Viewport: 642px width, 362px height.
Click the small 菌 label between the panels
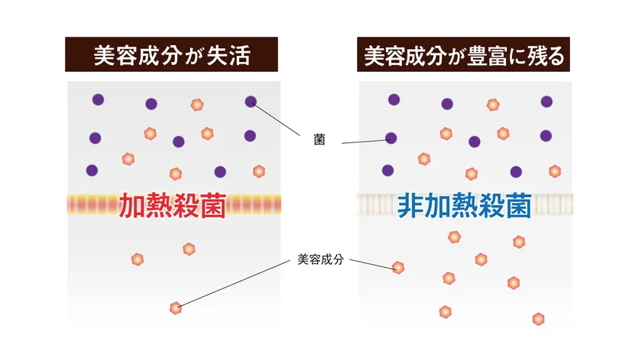tap(319, 140)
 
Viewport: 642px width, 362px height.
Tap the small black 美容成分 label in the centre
tap(320, 259)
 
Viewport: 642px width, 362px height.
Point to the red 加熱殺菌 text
tap(173, 205)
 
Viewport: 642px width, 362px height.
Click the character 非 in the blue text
tap(410, 205)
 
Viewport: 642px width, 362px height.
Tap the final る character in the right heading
tap(555, 56)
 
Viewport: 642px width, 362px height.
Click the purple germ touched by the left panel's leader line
tap(251, 101)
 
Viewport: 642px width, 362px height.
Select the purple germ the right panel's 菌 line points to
tap(391, 139)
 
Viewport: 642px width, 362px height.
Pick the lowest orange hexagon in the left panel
tap(176, 308)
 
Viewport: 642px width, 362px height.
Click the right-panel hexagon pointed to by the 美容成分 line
tap(398, 268)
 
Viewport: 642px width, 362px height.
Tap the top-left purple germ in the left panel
tap(98, 99)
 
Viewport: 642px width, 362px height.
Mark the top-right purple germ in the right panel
tap(546, 101)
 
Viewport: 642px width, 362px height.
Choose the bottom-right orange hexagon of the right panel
tap(538, 319)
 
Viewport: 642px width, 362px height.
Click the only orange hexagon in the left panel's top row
tap(197, 105)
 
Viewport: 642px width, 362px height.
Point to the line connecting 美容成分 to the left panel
tap(234, 284)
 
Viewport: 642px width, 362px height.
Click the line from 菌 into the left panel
tap(276, 119)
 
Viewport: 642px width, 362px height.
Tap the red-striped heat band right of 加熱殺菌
tap(254, 204)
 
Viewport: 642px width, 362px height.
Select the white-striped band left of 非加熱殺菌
tap(378, 204)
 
